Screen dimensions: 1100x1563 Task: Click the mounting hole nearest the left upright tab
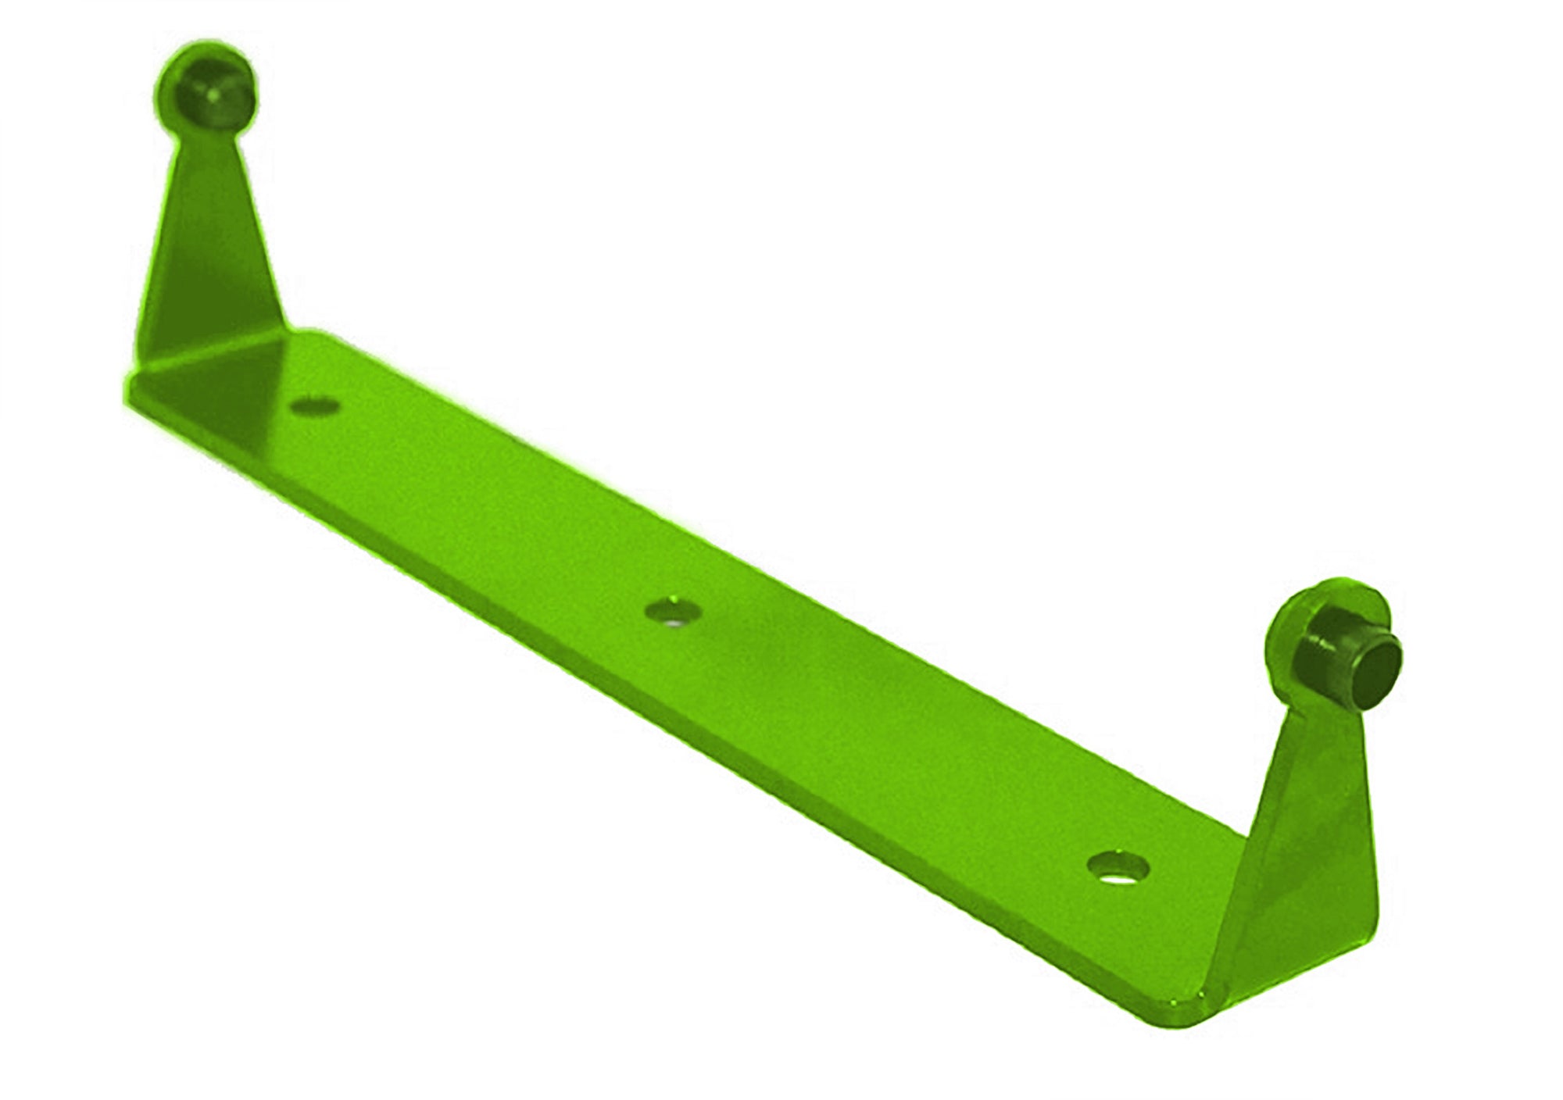[x=315, y=406]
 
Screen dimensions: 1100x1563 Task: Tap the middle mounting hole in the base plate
[x=673, y=610]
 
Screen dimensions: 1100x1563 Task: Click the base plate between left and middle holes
[x=492, y=508]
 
